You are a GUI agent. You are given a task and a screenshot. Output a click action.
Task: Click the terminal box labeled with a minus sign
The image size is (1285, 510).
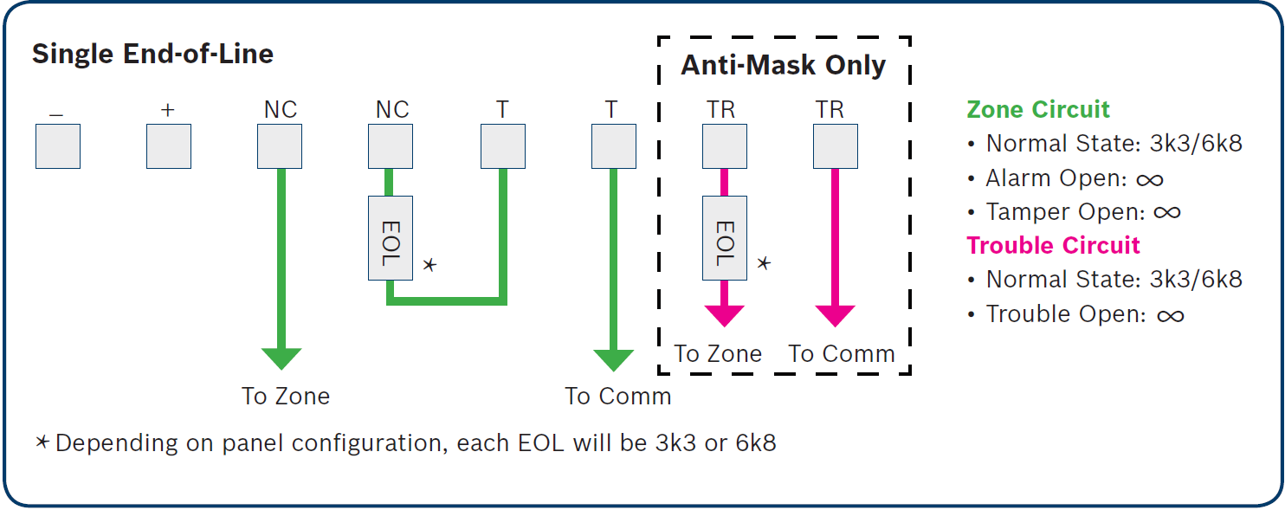click(x=58, y=146)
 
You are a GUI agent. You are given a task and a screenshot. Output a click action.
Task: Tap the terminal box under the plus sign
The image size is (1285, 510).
click(x=168, y=146)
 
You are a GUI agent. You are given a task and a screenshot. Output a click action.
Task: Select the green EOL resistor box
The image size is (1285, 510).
click(x=390, y=237)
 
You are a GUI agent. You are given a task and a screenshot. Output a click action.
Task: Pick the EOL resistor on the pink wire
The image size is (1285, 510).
click(x=724, y=237)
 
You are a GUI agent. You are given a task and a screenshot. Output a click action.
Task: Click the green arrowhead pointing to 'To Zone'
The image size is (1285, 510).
click(x=281, y=358)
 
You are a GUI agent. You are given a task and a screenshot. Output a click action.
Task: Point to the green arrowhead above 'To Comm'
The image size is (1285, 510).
click(x=613, y=358)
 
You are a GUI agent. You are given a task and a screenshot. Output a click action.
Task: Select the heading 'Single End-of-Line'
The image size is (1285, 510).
click(x=152, y=55)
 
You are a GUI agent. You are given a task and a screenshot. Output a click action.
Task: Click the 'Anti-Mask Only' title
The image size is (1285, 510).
click(x=783, y=66)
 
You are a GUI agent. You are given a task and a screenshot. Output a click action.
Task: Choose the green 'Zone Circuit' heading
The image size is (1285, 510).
click(x=1038, y=110)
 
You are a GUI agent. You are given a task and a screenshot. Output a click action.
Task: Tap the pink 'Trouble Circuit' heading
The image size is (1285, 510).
click(x=1054, y=246)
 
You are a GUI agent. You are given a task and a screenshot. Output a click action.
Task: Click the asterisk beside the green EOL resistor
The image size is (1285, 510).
click(x=429, y=264)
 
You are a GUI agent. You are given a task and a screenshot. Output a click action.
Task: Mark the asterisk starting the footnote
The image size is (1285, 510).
click(x=42, y=442)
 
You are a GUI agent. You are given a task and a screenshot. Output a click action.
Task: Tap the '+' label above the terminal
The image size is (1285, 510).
click(x=168, y=110)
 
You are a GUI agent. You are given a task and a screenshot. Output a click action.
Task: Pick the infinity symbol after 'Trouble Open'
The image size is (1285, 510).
click(x=1170, y=316)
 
